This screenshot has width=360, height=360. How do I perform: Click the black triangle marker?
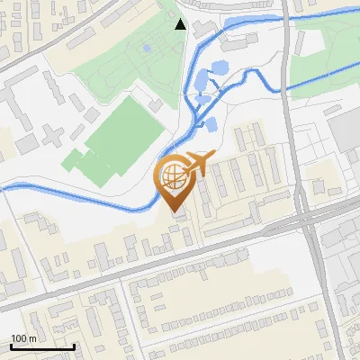click(181, 24)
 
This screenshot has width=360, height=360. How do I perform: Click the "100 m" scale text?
click(24, 337)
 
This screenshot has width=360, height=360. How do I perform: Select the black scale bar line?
click(42, 346)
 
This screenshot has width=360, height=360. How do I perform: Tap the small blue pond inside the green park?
click(147, 48)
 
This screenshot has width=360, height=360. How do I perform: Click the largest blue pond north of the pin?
click(219, 67)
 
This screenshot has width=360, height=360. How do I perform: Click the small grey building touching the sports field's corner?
click(156, 105)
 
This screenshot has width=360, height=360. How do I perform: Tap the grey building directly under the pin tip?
click(180, 216)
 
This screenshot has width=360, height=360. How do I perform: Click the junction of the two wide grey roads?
click(306, 216)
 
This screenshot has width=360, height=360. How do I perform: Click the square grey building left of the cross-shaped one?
click(25, 143)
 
